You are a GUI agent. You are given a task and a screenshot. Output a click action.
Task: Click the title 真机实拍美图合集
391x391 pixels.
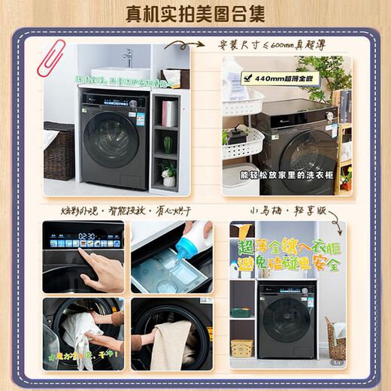tap(195, 13)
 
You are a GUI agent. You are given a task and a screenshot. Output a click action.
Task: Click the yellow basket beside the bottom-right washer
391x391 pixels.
tap(241, 347)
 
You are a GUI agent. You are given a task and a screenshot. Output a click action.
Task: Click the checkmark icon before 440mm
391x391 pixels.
tap(239, 79)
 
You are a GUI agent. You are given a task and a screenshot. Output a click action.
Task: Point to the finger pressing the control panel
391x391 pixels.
tap(84, 253)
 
